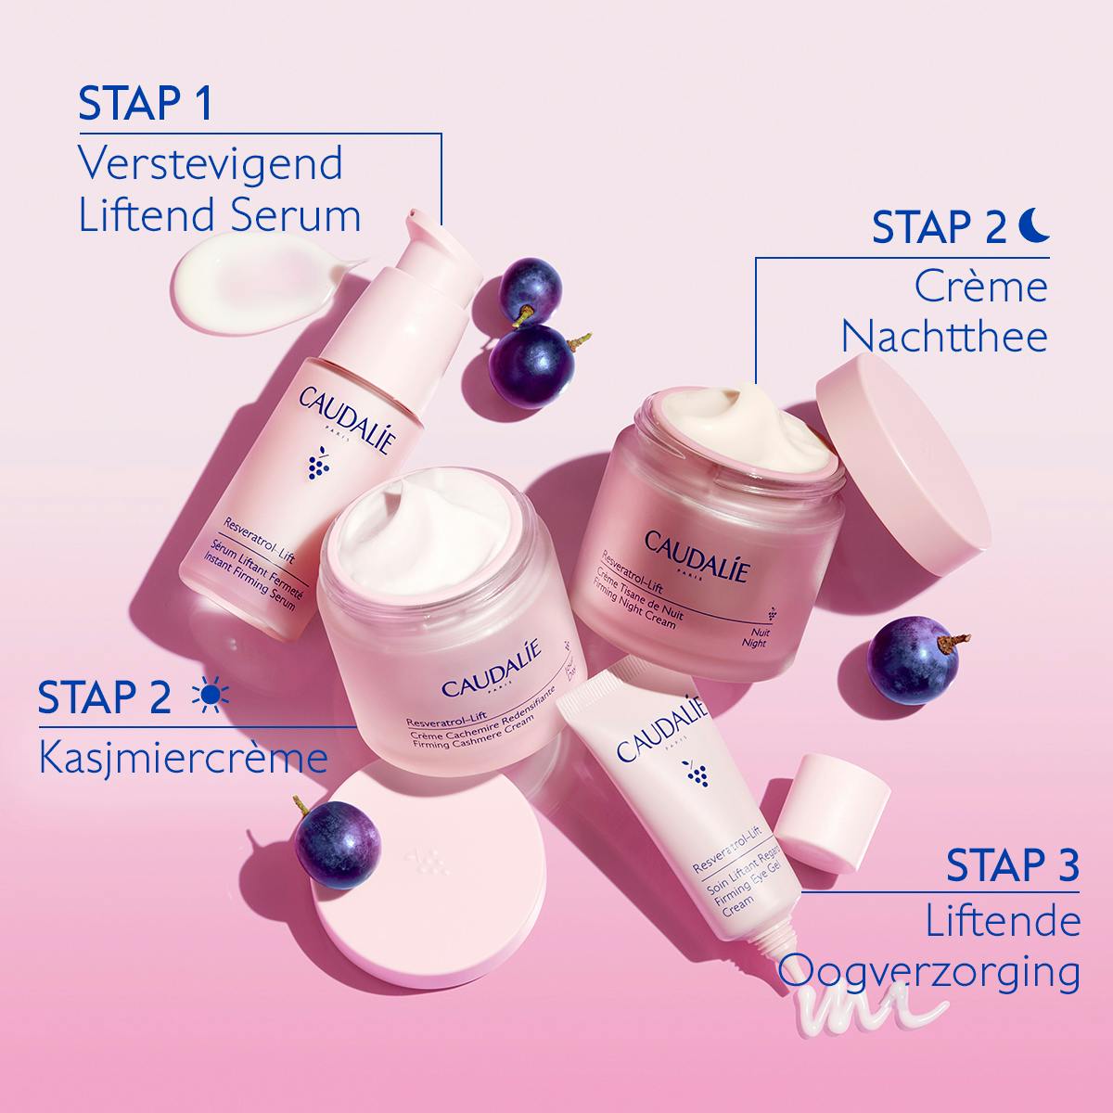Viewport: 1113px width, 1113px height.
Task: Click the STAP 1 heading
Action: [x=146, y=104]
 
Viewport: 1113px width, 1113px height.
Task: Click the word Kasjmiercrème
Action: [x=184, y=758]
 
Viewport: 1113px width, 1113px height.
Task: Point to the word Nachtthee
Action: [x=944, y=336]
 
